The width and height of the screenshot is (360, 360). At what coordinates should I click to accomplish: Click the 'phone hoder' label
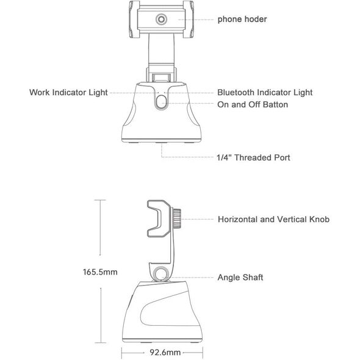click(x=242, y=20)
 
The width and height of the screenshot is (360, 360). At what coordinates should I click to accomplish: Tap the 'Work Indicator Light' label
click(x=68, y=93)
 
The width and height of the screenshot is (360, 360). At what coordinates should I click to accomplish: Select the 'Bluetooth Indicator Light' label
click(x=265, y=93)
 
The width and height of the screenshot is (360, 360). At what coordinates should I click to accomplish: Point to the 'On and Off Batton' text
click(x=253, y=105)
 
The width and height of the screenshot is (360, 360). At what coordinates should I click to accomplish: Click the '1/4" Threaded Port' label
click(x=253, y=158)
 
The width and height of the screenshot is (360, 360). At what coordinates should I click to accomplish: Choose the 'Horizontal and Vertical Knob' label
click(x=273, y=219)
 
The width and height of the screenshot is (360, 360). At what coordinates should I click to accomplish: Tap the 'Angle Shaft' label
click(x=240, y=278)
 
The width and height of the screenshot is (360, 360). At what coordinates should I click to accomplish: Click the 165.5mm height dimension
click(x=100, y=272)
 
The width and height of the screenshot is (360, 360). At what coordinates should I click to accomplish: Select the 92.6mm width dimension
click(x=165, y=352)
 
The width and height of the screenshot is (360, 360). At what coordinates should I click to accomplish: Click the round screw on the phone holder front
click(x=161, y=20)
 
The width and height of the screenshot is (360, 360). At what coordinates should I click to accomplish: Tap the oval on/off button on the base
click(x=161, y=102)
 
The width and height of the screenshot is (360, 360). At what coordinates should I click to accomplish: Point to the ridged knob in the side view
click(x=176, y=218)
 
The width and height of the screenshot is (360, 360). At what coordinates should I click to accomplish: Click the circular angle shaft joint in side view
click(x=160, y=274)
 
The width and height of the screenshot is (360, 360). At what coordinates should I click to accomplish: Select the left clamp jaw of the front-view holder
click(x=134, y=20)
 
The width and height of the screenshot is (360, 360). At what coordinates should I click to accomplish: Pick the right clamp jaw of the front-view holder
click(x=189, y=20)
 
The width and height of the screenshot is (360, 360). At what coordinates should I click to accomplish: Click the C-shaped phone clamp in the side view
click(x=159, y=218)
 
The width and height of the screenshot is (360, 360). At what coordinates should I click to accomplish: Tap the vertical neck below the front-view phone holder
click(x=161, y=49)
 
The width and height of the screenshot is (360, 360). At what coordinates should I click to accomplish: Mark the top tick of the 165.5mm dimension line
click(x=100, y=200)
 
